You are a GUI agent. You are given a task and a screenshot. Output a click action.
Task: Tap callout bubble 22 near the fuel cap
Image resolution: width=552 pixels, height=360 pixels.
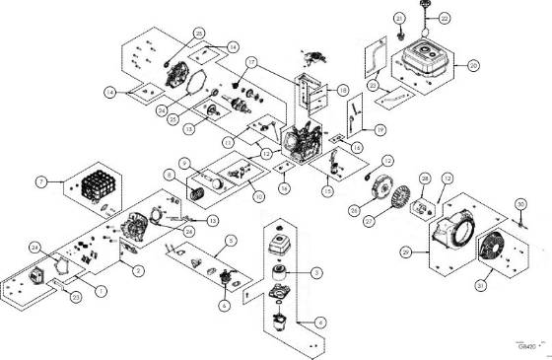pos(443,18)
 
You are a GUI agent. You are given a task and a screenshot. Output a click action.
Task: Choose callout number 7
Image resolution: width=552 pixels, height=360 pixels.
pos(41,182)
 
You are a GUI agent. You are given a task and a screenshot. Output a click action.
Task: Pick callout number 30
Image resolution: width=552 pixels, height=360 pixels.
pos(519,204)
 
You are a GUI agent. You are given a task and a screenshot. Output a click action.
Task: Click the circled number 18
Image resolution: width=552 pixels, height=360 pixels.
pos(343,89)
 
